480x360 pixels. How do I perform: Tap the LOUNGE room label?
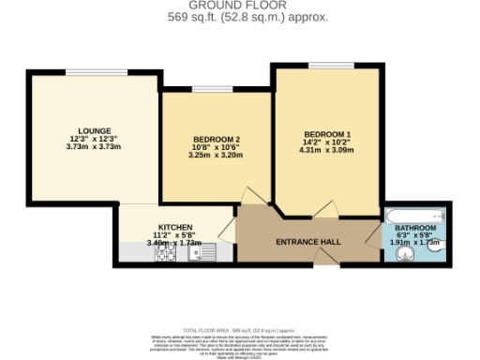coord(94,130)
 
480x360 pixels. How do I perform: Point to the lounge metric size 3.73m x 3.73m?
coord(94,147)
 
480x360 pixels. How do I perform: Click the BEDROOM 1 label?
coord(327,132)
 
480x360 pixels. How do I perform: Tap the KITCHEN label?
coord(174,227)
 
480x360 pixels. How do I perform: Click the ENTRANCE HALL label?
coord(308,243)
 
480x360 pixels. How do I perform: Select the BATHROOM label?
coord(414,229)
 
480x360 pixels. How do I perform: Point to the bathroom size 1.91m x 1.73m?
coord(413,243)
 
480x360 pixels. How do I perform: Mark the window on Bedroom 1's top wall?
coord(327,65)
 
